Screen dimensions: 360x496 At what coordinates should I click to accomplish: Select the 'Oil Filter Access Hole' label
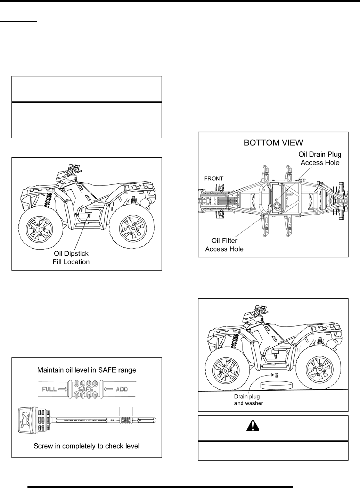tap(224, 245)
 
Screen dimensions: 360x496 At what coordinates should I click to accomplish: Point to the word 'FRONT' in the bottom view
tap(213, 178)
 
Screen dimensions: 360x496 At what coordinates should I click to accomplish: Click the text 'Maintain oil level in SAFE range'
tap(87, 370)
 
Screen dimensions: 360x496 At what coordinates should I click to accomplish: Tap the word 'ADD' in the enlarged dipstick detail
tap(122, 389)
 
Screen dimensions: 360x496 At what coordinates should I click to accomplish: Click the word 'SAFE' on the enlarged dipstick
tap(85, 389)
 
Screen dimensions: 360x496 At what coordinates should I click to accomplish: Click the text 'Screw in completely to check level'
tap(87, 446)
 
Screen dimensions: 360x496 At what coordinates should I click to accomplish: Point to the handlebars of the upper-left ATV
tap(68, 173)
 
